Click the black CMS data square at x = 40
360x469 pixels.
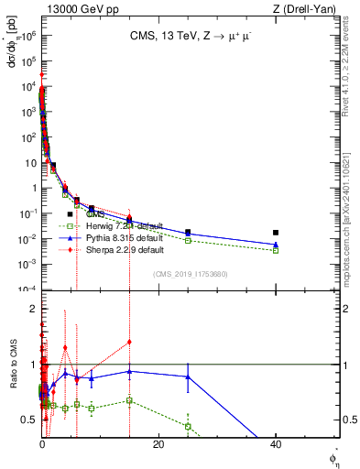point(276,233)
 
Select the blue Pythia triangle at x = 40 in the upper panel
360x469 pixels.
point(276,245)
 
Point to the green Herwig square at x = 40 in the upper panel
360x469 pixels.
point(276,250)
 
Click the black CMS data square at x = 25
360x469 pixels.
point(188,233)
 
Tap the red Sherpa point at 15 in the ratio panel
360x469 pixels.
point(130,342)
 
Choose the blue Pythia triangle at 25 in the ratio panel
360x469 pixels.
point(188,376)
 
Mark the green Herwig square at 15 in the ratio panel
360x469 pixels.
point(130,400)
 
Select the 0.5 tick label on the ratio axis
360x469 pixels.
point(29,420)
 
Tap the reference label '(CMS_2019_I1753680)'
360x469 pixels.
point(191,274)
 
